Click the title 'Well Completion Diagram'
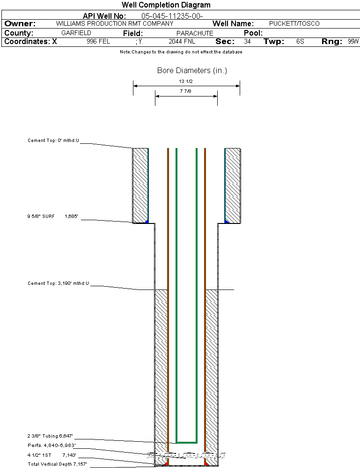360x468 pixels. click(x=166, y=5)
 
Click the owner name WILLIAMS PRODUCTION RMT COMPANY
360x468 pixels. click(x=114, y=23)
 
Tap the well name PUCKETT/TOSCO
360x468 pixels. click(x=294, y=23)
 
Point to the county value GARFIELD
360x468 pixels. click(x=76, y=33)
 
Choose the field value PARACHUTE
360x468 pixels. click(x=195, y=33)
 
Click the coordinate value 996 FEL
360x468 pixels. click(x=98, y=42)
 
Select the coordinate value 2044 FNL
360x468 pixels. click(x=182, y=42)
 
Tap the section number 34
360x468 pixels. click(x=247, y=42)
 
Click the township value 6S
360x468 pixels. click(x=300, y=42)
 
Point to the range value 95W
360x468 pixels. click(x=353, y=42)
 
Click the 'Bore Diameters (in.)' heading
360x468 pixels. click(x=192, y=71)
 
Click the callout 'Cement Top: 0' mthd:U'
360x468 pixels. click(x=53, y=140)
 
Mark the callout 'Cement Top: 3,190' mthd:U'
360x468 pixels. click(x=58, y=283)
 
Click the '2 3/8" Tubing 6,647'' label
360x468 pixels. click(x=51, y=436)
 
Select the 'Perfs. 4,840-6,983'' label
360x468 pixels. click(x=51, y=445)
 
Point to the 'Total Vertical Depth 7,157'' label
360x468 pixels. click(x=57, y=464)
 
